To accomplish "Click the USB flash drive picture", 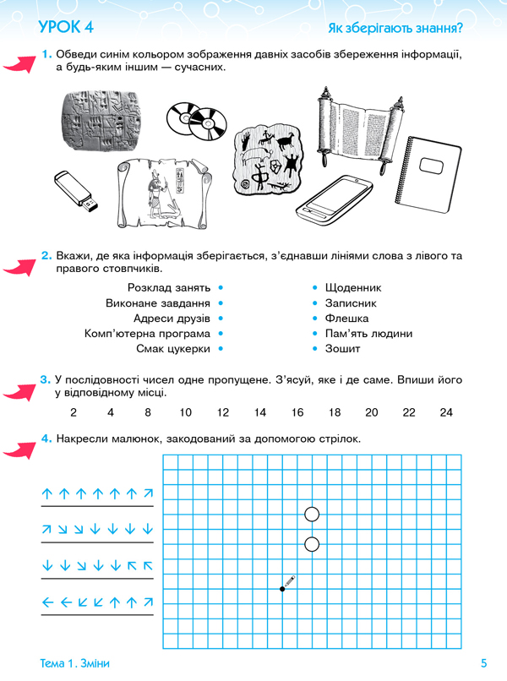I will click(x=77, y=190).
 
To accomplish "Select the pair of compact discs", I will click(x=198, y=121).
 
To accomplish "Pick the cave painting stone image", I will click(x=272, y=161).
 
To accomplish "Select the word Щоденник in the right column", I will click(x=353, y=287).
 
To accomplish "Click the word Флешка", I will click(x=346, y=318).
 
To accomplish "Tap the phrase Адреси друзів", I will click(x=172, y=318).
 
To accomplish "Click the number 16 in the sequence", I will click(x=297, y=412).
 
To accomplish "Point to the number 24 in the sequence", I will click(x=446, y=412).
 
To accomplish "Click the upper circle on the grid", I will click(x=311, y=514).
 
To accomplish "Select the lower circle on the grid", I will click(x=311, y=543).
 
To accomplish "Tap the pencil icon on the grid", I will click(x=288, y=582).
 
